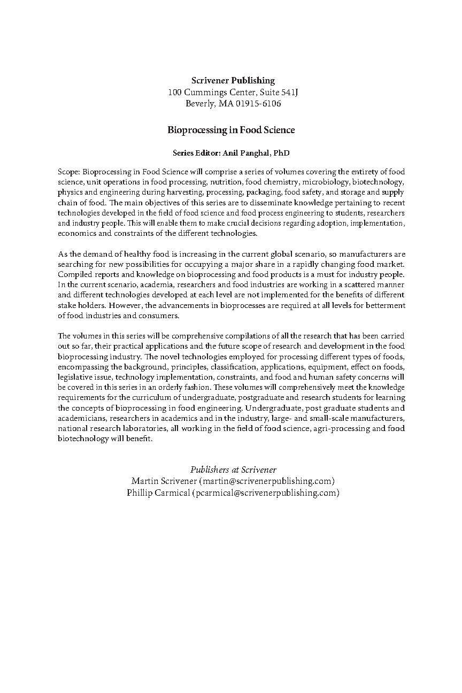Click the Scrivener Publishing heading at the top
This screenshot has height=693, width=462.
point(233,81)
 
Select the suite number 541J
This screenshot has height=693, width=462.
point(289,93)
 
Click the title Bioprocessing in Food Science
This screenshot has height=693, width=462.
point(231,130)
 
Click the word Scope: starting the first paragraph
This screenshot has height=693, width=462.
point(69,172)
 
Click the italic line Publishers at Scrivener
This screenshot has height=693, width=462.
point(233,469)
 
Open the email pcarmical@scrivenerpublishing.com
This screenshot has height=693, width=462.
point(265,492)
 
